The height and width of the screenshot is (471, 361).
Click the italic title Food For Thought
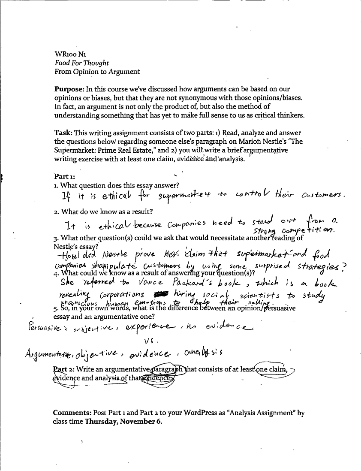(81, 63)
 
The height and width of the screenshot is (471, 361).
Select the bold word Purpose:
(69, 90)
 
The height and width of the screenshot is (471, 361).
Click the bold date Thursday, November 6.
(123, 421)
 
